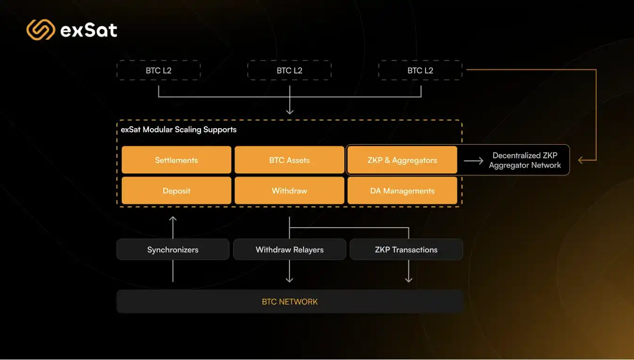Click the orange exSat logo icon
click(x=41, y=30)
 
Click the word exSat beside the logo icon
click(x=89, y=31)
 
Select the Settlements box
click(x=176, y=160)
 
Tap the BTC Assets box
click(x=289, y=160)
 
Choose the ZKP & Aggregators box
click(x=402, y=160)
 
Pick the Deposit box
click(x=176, y=191)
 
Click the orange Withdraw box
click(x=289, y=191)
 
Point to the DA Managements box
click(x=402, y=191)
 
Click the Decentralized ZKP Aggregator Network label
click(x=525, y=160)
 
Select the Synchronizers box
click(x=173, y=250)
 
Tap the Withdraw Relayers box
click(x=289, y=250)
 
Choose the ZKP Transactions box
click(x=406, y=250)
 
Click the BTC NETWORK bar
click(x=290, y=302)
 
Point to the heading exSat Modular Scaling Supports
click(x=179, y=130)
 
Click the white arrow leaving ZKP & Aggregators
click(x=473, y=161)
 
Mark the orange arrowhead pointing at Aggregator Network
click(x=581, y=160)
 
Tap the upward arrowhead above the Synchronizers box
click(x=173, y=219)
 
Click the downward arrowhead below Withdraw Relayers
click(x=290, y=279)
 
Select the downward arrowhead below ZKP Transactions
click(x=408, y=279)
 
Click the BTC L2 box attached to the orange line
click(x=420, y=70)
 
